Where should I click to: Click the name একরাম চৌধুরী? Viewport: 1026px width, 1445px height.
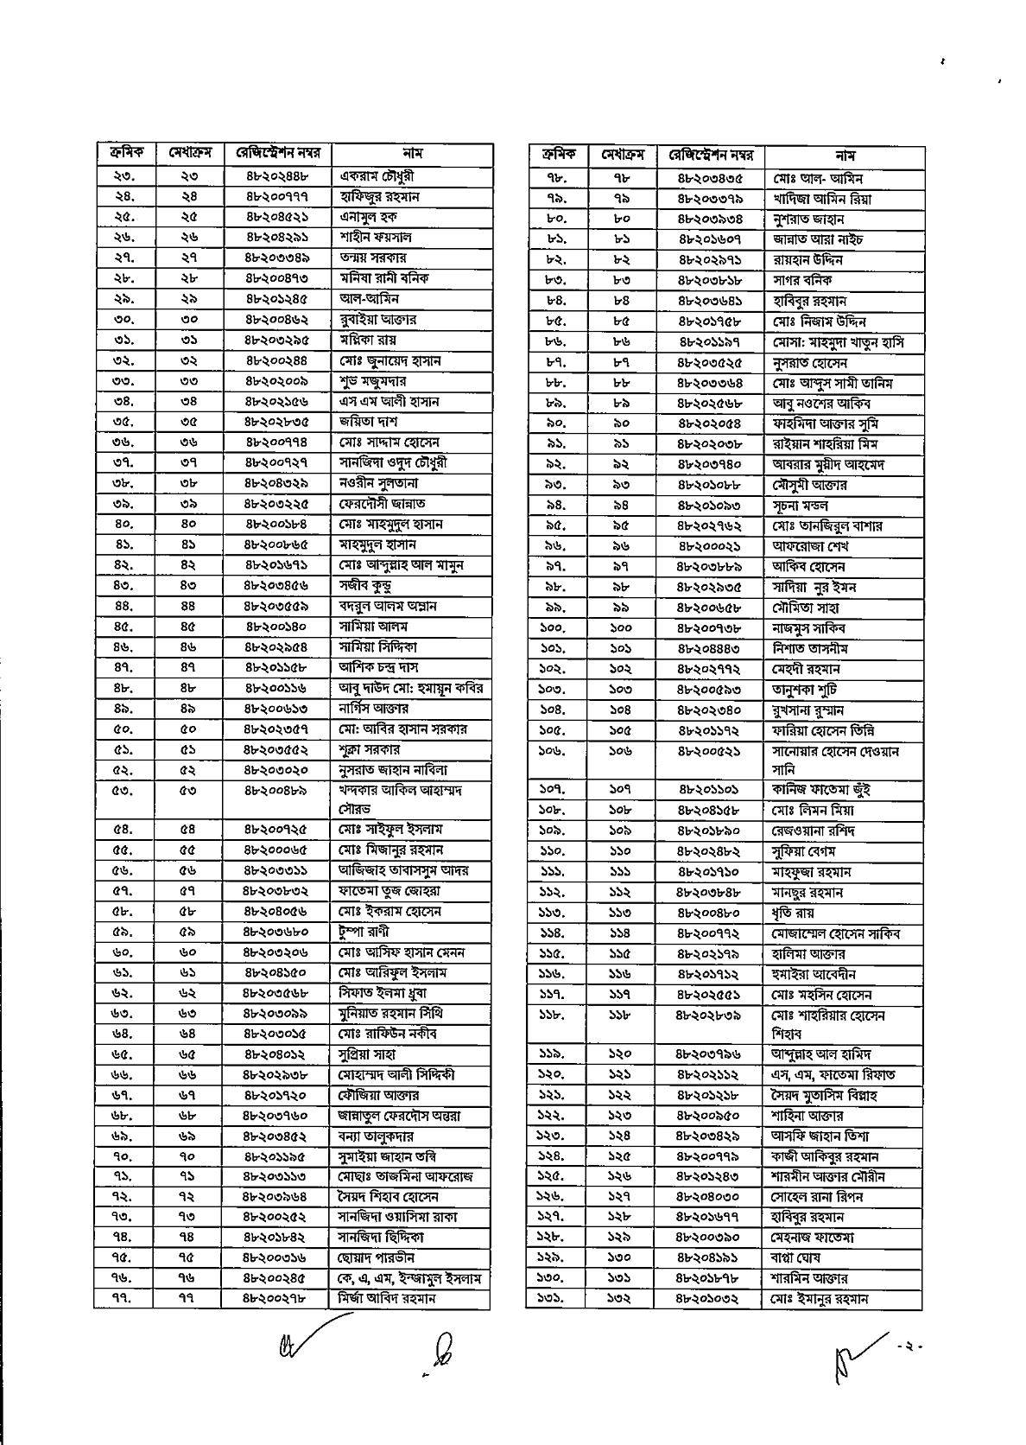point(376,176)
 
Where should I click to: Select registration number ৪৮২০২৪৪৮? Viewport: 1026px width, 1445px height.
point(277,176)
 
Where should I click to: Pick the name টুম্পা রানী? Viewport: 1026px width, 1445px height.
point(364,932)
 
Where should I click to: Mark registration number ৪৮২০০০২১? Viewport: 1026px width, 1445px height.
point(709,546)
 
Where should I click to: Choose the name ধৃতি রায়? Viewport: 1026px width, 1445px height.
point(794,913)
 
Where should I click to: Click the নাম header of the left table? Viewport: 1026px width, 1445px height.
point(412,154)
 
